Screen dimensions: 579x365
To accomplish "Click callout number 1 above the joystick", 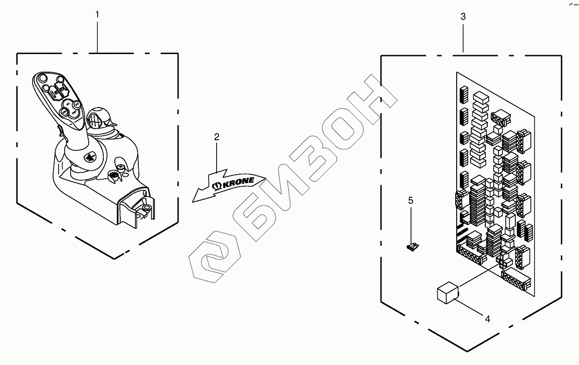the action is (97, 15).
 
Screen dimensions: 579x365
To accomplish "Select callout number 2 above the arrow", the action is (217, 137).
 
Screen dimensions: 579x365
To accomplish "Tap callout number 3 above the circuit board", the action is (463, 17).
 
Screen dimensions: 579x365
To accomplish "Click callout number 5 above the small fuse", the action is (411, 201).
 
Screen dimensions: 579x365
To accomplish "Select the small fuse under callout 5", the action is (412, 246).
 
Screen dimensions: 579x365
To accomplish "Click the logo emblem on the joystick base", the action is (91, 156).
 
